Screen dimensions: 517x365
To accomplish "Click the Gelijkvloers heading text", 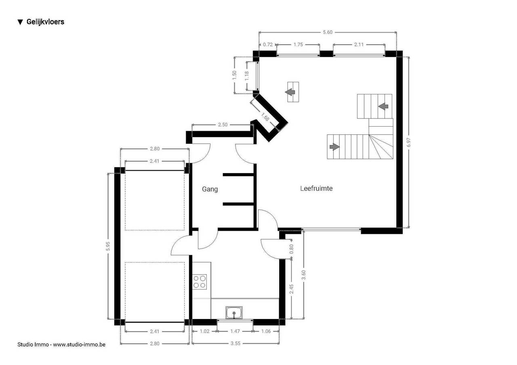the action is pyautogui.click(x=45, y=22).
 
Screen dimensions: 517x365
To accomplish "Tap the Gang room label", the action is pyautogui.click(x=210, y=189).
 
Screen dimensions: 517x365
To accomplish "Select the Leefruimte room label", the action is pyautogui.click(x=316, y=188).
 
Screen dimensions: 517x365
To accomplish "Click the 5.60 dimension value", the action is pyautogui.click(x=328, y=32).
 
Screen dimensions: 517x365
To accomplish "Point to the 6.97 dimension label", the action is pyautogui.click(x=408, y=142).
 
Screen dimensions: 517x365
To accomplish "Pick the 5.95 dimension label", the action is pyautogui.click(x=108, y=246).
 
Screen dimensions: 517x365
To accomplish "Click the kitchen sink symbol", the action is pyautogui.click(x=234, y=313).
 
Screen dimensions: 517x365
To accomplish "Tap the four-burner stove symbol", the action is pyautogui.click(x=200, y=282).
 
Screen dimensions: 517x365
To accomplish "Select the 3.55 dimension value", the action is pyautogui.click(x=235, y=343).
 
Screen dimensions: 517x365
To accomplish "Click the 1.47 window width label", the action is pyautogui.click(x=235, y=331).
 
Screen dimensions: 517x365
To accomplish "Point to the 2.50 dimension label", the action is pyautogui.click(x=223, y=125).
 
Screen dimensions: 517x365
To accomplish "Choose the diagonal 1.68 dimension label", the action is pyautogui.click(x=265, y=117).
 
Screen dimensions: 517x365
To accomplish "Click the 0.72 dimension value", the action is pyautogui.click(x=268, y=44).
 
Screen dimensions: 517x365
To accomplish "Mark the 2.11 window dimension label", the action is pyautogui.click(x=359, y=44).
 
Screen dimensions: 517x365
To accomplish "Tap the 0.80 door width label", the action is pyautogui.click(x=291, y=249).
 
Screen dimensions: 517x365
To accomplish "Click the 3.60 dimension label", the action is pyautogui.click(x=303, y=275).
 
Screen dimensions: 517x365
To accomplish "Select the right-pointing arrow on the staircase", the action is pyautogui.click(x=334, y=146).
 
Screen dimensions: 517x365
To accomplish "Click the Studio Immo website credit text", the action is pyautogui.click(x=61, y=344).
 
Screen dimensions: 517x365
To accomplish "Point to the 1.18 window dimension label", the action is pyautogui.click(x=247, y=76).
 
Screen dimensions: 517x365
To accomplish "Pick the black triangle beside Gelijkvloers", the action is pyautogui.click(x=20, y=22).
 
